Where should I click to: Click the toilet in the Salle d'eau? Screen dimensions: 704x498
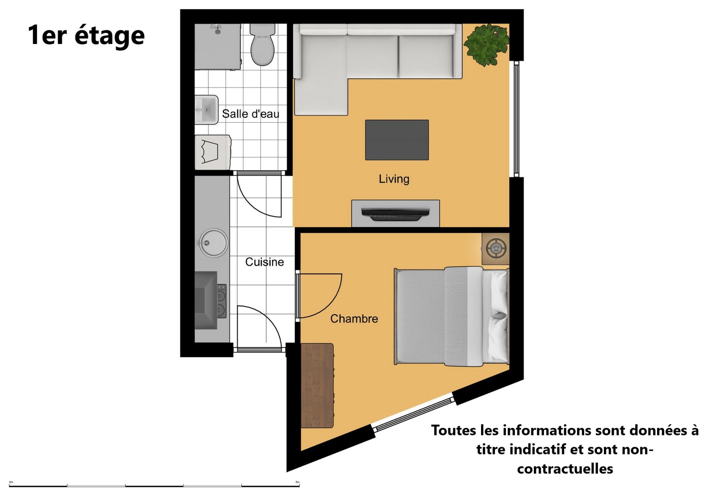coord(262,45)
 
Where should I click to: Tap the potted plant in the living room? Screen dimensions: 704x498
coord(486,44)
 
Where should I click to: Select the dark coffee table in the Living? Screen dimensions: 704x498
coord(397,140)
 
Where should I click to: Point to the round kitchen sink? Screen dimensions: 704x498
coord(214,242)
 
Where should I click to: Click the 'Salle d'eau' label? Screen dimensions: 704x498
coord(250,114)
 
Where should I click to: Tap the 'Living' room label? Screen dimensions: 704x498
coord(394,179)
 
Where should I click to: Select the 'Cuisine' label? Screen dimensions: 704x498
coord(264,262)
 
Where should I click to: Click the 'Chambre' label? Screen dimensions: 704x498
coord(354,319)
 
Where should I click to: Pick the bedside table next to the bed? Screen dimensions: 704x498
coord(495,249)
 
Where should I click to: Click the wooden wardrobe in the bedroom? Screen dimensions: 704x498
coord(317,386)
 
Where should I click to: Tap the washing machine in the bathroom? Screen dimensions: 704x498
coord(213,152)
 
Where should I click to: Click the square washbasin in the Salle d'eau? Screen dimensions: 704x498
coord(206,110)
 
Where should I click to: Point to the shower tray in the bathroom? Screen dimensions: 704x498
coord(218,46)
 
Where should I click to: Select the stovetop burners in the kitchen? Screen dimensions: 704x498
coord(221,301)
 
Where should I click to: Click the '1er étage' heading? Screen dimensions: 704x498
coord(86,36)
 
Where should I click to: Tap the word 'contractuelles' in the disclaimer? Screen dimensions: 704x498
coord(565,469)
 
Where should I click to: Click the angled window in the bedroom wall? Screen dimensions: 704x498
coord(413,414)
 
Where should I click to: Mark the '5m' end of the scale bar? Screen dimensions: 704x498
coord(299,486)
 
